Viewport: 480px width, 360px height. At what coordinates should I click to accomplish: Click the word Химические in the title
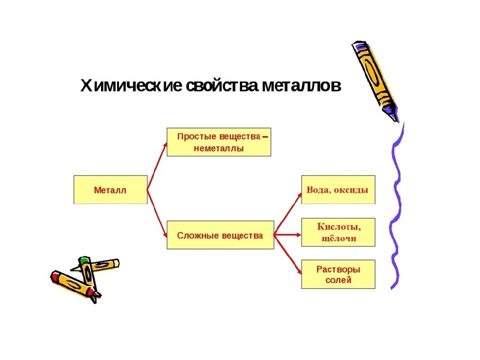pos(131,86)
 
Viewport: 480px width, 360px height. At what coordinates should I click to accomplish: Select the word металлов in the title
pos(301,86)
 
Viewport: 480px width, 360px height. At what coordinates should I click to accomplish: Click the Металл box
pos(110,190)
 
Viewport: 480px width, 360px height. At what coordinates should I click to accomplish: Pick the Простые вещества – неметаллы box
pos(219,142)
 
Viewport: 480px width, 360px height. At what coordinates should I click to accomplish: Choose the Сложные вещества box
pos(220,235)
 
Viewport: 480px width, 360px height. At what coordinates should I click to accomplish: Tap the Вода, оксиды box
pos(338,190)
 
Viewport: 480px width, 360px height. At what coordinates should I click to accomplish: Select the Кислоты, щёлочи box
pos(338,232)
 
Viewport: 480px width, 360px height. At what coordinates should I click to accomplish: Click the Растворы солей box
pos(338,274)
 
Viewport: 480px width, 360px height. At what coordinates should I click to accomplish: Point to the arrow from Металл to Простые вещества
pos(157,166)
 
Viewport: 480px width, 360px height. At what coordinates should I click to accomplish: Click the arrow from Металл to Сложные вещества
pos(157,213)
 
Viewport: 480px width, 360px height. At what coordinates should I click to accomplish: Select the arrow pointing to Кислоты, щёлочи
pos(287,235)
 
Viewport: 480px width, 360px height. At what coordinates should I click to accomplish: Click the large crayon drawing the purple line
pos(375,81)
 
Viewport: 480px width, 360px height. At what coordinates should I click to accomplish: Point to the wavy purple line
pos(396,205)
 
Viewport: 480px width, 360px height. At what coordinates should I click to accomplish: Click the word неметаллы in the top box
pos(218,149)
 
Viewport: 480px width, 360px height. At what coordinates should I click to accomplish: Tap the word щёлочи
pos(339,238)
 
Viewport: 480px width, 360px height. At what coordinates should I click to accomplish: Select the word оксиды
pos(351,190)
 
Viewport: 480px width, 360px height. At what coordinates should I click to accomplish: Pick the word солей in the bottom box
pos(338,280)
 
